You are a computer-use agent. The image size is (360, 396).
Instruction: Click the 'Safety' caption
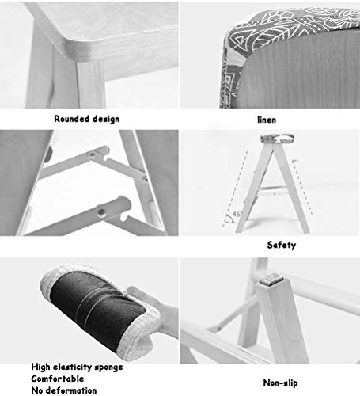coord(282,246)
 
